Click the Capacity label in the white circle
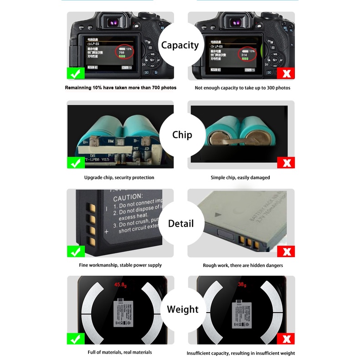[180, 45]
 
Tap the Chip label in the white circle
[182, 135]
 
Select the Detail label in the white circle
[181, 224]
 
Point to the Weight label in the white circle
[183, 310]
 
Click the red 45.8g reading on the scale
[121, 285]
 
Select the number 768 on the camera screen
[121, 52]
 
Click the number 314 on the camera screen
[244, 55]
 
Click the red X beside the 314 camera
[286, 73]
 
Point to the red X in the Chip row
[286, 162]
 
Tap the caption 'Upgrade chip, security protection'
[119, 177]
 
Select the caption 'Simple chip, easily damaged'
[240, 177]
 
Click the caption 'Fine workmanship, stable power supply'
[120, 265]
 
